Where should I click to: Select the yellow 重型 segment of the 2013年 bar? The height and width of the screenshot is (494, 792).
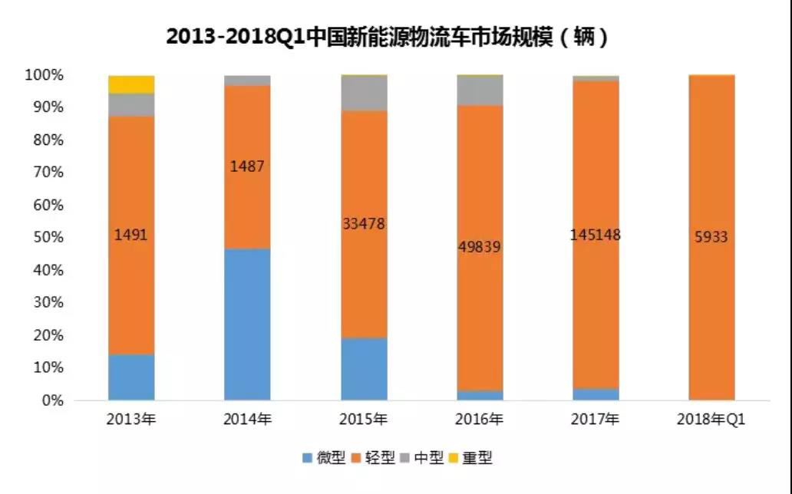point(131,84)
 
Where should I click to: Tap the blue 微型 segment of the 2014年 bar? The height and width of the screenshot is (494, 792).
point(247,324)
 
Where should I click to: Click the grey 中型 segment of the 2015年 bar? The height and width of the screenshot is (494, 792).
point(364,93)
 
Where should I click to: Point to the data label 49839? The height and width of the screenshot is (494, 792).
point(480,248)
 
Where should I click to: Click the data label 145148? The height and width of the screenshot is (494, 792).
point(596,235)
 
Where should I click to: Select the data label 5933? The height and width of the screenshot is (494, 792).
point(711,238)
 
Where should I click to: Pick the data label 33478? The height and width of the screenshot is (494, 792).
point(364,224)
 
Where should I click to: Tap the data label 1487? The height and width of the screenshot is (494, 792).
point(247,166)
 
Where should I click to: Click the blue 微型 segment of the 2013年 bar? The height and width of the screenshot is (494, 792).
point(131,377)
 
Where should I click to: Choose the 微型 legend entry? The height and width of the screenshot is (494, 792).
point(325,459)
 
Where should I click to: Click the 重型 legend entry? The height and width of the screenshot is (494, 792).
point(471,459)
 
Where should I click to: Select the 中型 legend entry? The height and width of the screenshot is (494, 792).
point(423,459)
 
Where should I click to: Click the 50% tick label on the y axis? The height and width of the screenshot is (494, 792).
point(46,238)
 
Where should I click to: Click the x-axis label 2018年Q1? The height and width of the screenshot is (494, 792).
point(711,420)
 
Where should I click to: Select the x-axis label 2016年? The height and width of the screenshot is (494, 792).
point(480,420)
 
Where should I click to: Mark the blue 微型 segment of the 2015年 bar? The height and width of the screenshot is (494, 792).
point(364,369)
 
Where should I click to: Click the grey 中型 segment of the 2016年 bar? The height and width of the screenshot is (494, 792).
point(480,90)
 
